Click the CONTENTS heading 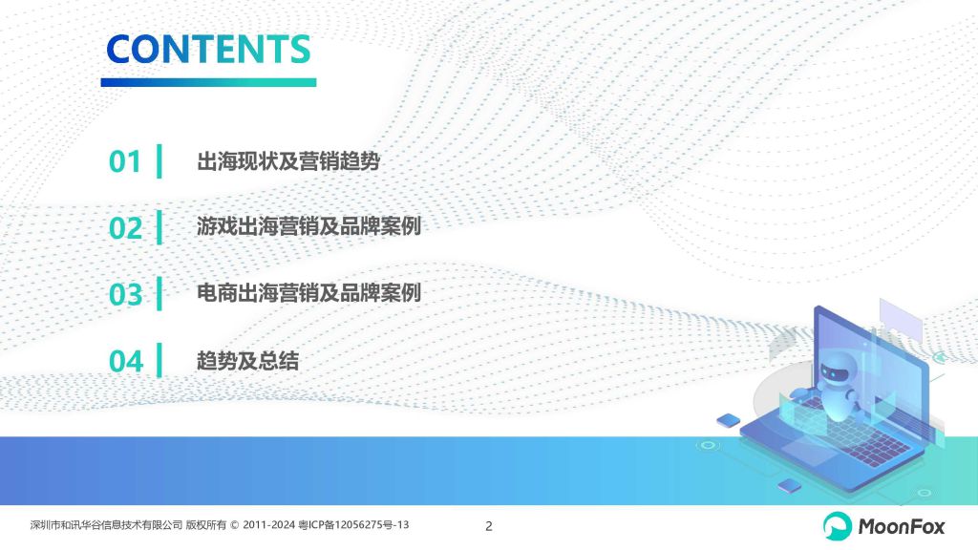(x=208, y=50)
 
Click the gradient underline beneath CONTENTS (x=208, y=82)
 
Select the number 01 (x=125, y=161)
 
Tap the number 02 (x=125, y=228)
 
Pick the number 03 (x=125, y=294)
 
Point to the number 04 (x=126, y=361)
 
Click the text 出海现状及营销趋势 (x=288, y=160)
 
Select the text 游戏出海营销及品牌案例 (x=308, y=225)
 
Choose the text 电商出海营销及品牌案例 (x=308, y=292)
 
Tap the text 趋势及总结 (x=247, y=360)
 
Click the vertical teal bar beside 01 (x=159, y=160)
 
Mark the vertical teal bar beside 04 (x=159, y=360)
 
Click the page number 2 (x=489, y=526)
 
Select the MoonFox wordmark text (x=902, y=527)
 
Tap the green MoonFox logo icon (x=837, y=526)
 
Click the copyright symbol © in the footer (x=235, y=525)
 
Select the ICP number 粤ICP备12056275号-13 (x=353, y=525)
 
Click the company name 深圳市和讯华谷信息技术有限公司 (x=106, y=525)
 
